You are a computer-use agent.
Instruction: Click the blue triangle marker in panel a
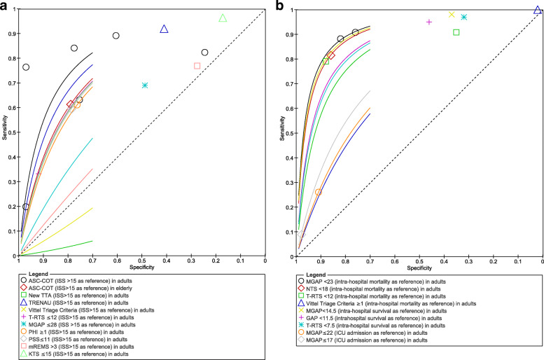pos(164,29)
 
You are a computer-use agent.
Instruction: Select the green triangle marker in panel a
pos(223,18)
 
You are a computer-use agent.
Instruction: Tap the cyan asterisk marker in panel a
pos(145,85)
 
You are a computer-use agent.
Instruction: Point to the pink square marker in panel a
pos(197,66)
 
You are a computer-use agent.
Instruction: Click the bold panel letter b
pos(280,6)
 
